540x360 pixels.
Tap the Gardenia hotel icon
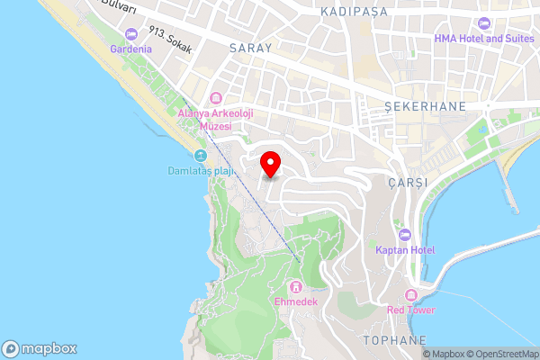pos(131,34)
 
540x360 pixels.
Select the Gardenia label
pos(131,49)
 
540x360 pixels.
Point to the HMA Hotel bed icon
pos(484,22)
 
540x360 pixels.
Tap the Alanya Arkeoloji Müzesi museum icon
pos(215,97)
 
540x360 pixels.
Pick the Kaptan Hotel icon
pos(404,234)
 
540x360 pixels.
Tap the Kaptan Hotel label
pos(405,249)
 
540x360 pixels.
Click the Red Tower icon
pos(411,295)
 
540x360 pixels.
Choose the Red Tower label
pos(411,310)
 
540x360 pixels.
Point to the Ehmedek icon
pos(296,287)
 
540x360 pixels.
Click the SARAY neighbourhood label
pos(250,47)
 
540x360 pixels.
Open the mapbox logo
pos(40,348)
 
